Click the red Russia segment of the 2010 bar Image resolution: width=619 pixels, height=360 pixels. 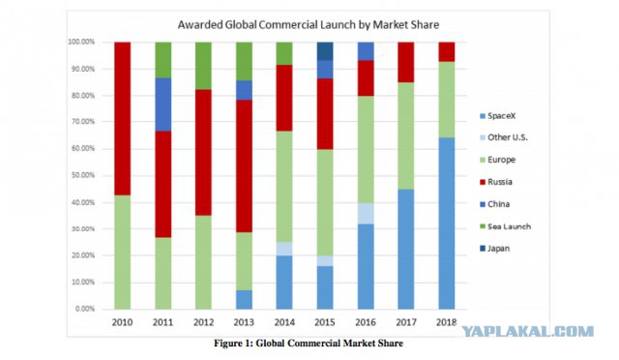(x=123, y=119)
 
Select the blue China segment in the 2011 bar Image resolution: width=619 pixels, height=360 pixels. (x=163, y=105)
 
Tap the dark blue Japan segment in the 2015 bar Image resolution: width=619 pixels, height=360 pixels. (x=325, y=51)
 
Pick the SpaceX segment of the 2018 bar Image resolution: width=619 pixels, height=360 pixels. (x=447, y=224)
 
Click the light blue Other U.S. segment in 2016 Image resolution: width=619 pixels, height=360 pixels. (x=366, y=214)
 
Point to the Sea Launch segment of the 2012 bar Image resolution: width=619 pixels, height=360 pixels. (x=203, y=66)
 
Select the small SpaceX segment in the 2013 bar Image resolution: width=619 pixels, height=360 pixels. (x=244, y=300)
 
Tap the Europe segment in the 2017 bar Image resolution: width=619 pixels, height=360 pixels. (x=406, y=135)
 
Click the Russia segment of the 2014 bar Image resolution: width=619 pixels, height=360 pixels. (x=284, y=98)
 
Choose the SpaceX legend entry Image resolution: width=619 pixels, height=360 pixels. (x=497, y=116)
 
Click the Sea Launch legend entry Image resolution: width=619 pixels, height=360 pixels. (x=505, y=226)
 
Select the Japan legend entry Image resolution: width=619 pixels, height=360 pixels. (x=494, y=249)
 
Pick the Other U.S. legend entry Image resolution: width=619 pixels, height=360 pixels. (x=504, y=137)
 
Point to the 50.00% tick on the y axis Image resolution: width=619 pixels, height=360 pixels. (x=83, y=175)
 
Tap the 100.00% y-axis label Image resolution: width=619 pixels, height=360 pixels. (x=81, y=42)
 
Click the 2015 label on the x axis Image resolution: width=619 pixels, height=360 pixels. (x=325, y=322)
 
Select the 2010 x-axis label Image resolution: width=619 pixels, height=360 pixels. (x=122, y=322)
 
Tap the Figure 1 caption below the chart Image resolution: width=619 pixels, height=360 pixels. (x=309, y=343)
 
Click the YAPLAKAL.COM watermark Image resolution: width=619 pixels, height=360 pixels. (x=528, y=332)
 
